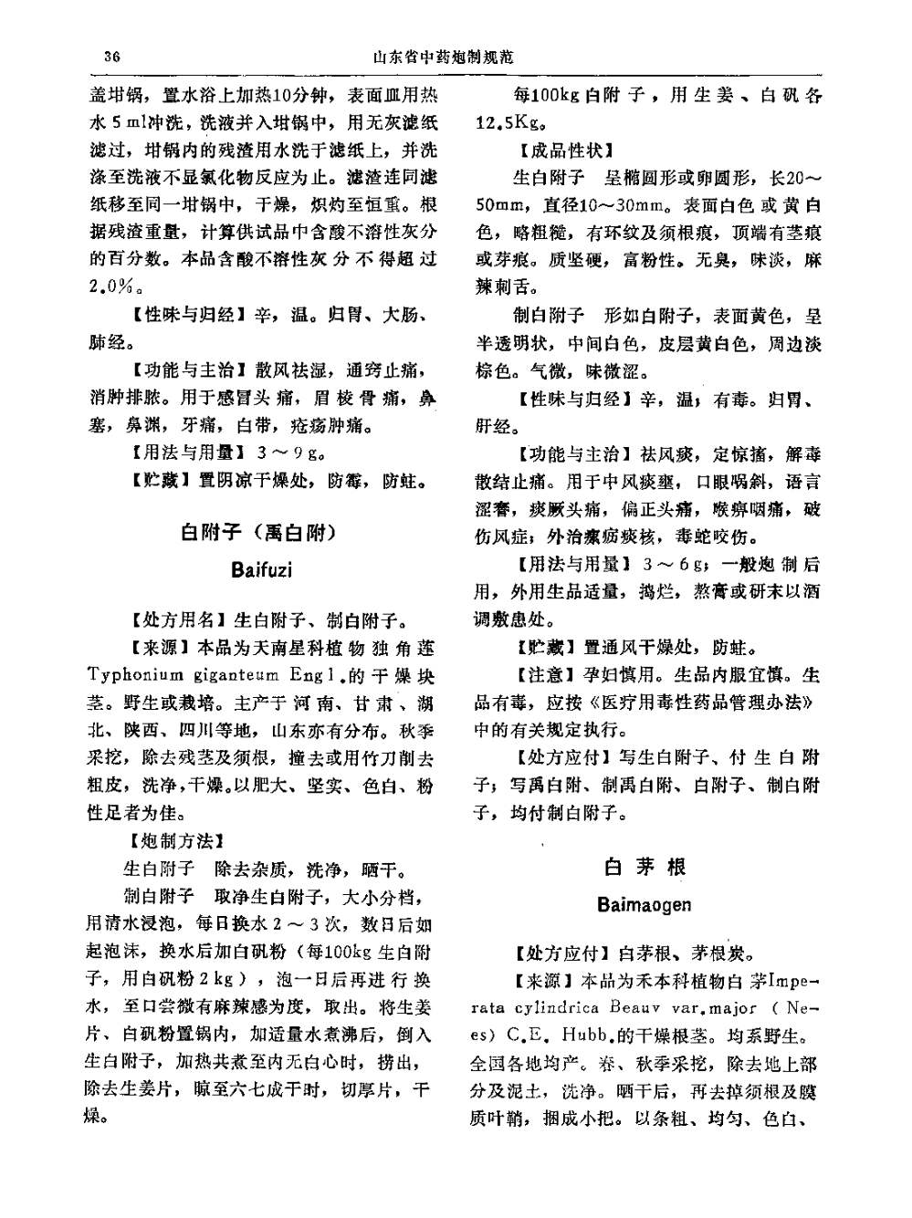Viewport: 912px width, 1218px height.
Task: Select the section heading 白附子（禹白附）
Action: (259, 532)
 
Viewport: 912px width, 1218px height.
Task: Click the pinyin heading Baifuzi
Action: (262, 571)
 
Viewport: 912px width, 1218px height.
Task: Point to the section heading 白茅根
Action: (645, 866)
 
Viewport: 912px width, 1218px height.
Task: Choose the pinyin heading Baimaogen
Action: (645, 905)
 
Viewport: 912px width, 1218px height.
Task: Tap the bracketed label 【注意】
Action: (547, 676)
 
